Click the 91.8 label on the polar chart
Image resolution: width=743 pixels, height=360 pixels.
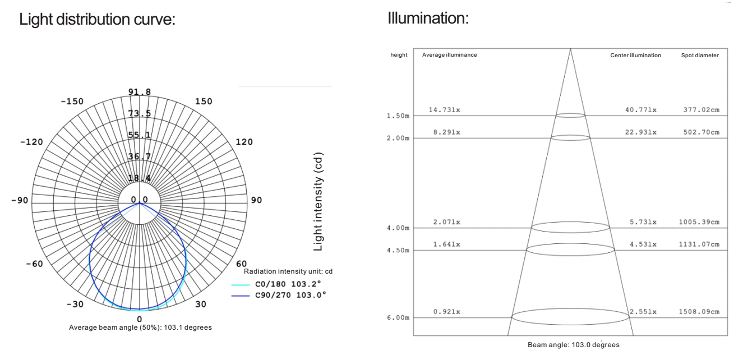tap(140, 91)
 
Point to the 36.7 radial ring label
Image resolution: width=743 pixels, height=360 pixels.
tap(140, 156)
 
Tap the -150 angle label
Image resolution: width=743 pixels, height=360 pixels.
tap(72, 101)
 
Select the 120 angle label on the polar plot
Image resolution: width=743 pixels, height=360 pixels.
tap(244, 142)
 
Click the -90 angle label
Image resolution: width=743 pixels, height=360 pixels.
tap(20, 200)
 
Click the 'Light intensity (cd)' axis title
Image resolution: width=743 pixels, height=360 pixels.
tap(318, 201)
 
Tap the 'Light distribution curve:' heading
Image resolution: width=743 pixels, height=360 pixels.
tap(97, 19)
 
